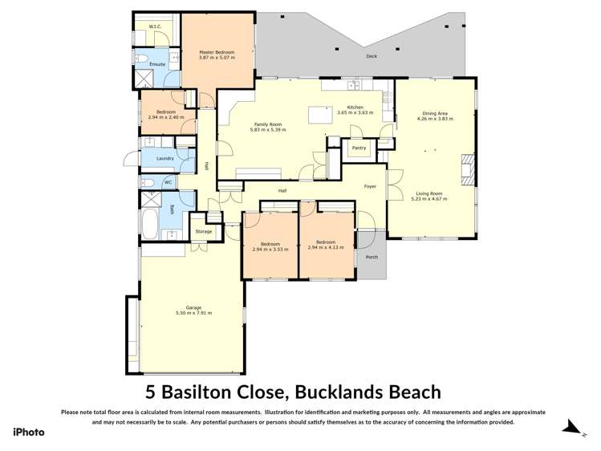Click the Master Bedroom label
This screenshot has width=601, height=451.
217,53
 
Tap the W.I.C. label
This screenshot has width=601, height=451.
156,27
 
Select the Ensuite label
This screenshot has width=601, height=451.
157,64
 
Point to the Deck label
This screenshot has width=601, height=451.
371,57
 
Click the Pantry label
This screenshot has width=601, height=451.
359,148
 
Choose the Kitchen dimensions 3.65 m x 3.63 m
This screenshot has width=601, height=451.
355,113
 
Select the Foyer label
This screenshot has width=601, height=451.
370,186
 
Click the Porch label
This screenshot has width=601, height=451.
372,258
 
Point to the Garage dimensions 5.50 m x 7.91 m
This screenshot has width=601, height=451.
193,313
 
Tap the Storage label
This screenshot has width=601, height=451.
204,232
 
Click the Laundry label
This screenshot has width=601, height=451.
165,159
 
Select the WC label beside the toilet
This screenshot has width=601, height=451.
168,183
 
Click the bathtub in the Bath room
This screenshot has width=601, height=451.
152,222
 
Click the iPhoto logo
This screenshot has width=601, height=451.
28,432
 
